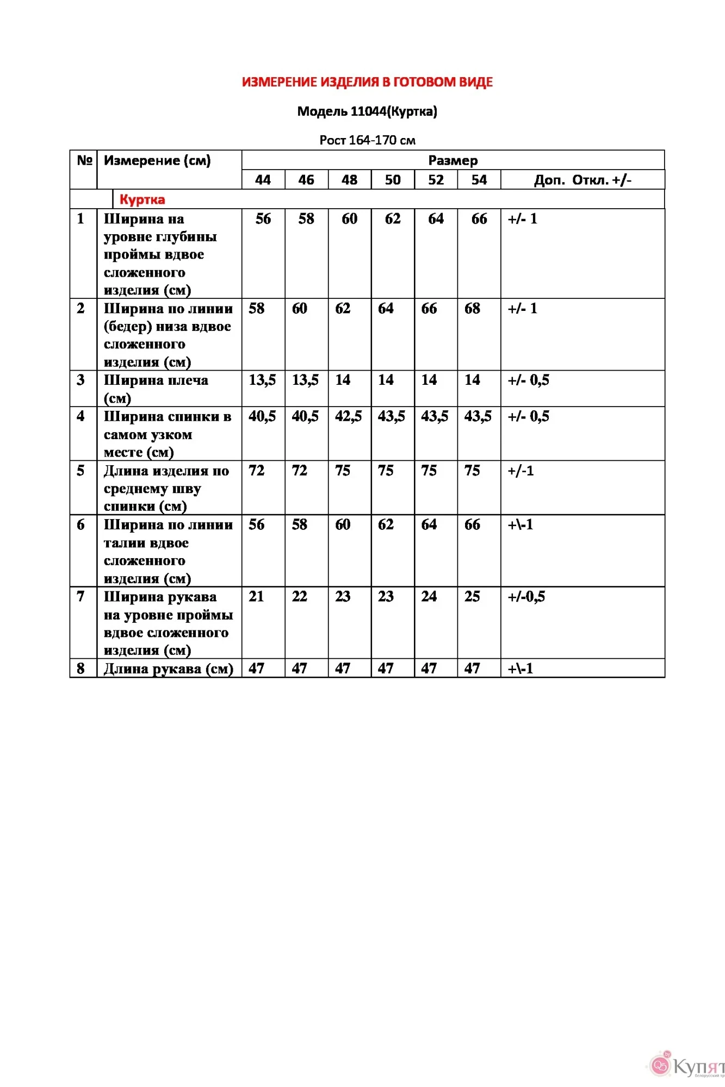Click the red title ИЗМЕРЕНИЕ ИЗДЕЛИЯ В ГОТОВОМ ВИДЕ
(367, 82)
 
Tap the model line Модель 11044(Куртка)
(367, 111)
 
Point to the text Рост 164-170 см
(367, 140)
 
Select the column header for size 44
(263, 180)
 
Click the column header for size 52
(436, 180)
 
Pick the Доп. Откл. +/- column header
(583, 180)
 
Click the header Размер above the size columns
(453, 160)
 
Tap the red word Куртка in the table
(142, 199)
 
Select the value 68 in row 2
(472, 309)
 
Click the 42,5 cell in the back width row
(348, 416)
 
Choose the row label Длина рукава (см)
(168, 669)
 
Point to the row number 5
(80, 471)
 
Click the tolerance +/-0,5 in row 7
(526, 597)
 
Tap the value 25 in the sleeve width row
(472, 597)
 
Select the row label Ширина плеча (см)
(156, 389)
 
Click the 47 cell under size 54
(472, 669)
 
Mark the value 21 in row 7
(256, 597)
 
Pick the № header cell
(84, 160)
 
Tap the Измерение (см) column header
(157, 160)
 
